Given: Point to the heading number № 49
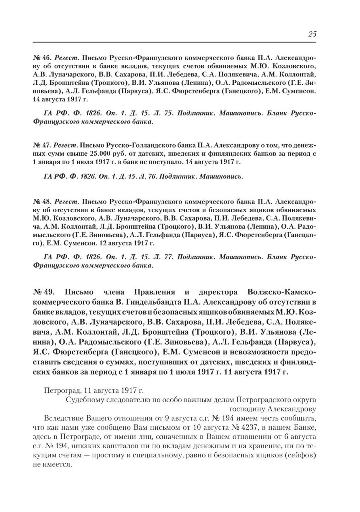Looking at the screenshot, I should point(44,292).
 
